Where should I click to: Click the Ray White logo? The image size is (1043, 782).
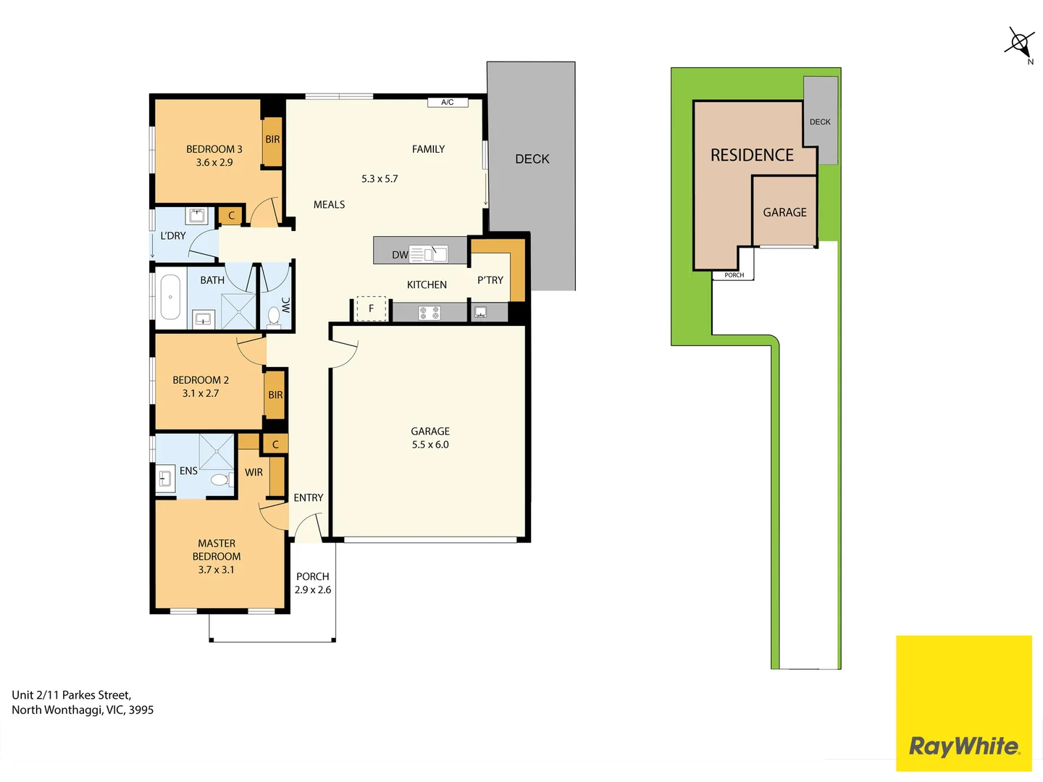pyautogui.click(x=963, y=702)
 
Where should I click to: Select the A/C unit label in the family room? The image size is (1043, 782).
pyautogui.click(x=447, y=102)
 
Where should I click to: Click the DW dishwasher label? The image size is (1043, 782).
pyautogui.click(x=400, y=255)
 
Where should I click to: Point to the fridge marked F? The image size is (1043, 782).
pyautogui.click(x=371, y=308)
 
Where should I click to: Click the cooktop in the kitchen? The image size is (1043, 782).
pyautogui.click(x=429, y=313)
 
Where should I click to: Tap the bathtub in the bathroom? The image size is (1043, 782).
pyautogui.click(x=170, y=297)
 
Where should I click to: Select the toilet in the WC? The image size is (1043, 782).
pyautogui.click(x=274, y=316)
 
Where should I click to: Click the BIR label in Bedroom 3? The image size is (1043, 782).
pyautogui.click(x=272, y=140)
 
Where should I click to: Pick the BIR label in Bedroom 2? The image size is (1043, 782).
pyautogui.click(x=275, y=395)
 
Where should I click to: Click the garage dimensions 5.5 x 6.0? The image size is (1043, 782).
pyautogui.click(x=430, y=445)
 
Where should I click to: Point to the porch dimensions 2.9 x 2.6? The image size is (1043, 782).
pyautogui.click(x=313, y=589)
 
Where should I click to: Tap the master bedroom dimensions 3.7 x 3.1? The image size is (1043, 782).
pyautogui.click(x=216, y=570)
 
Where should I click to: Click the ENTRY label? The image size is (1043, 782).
pyautogui.click(x=309, y=497)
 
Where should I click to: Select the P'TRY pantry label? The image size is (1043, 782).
pyautogui.click(x=490, y=280)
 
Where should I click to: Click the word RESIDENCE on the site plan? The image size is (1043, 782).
pyautogui.click(x=752, y=155)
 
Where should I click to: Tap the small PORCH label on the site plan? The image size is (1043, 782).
pyautogui.click(x=734, y=275)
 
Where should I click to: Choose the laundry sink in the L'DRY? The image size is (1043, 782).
pyautogui.click(x=196, y=215)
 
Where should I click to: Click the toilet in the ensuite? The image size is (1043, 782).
pyautogui.click(x=221, y=479)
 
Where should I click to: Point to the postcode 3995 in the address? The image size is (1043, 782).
pyautogui.click(x=141, y=710)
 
